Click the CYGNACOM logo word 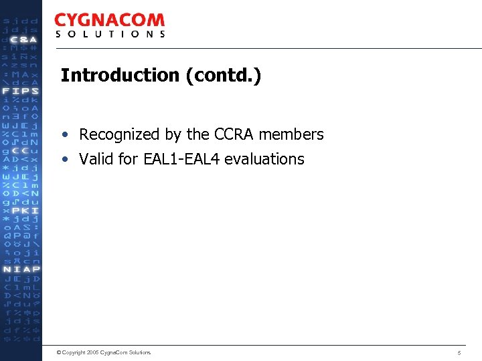point(109,20)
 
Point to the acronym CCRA point(234,134)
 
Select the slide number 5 point(459,352)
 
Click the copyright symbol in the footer point(59,352)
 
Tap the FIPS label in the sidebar point(21,91)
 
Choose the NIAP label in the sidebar point(21,269)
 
